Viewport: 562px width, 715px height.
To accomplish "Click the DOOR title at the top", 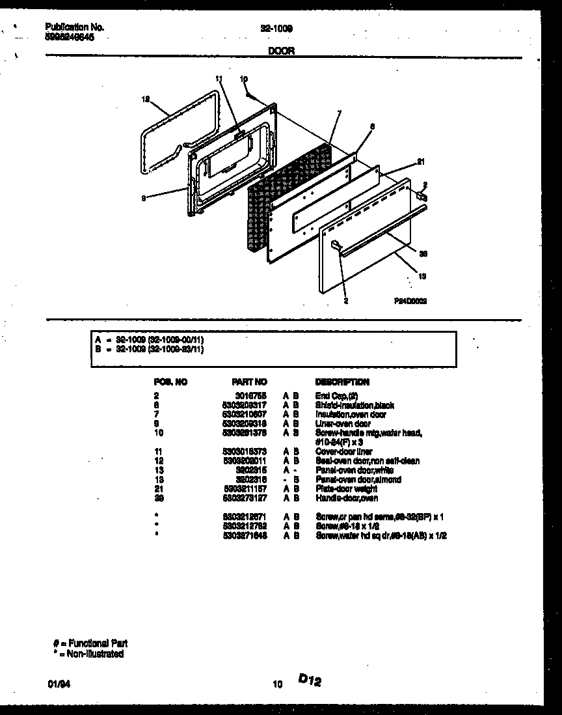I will coord(281,51).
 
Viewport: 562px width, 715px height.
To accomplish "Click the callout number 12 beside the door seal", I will coord(146,100).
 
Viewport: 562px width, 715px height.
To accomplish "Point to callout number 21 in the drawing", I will coord(420,162).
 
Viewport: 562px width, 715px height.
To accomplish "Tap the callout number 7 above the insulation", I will coord(339,114).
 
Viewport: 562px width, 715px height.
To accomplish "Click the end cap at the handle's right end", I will coord(421,195).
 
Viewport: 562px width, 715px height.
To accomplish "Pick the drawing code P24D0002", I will coord(409,301).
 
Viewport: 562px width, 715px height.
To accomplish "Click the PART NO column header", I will coord(249,382).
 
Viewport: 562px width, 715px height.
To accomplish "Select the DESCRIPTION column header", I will coord(341,382).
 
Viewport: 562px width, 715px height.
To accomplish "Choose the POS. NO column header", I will coord(170,382).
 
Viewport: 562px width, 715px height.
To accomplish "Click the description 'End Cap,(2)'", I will coord(336,395).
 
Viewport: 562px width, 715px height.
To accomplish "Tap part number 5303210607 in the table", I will coord(245,414).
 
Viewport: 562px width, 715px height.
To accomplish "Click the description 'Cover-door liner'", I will coord(343,451).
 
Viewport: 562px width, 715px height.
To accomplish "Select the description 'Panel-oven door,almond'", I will coord(358,480).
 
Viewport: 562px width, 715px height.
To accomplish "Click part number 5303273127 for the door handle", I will coord(245,498).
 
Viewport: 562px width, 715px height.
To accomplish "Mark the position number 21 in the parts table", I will coord(158,489).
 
